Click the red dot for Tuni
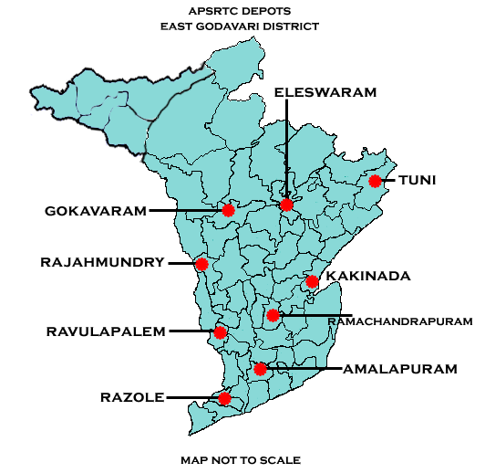[375, 181]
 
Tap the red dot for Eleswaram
[287, 205]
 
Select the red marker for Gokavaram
[228, 210]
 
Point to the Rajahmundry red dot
[202, 265]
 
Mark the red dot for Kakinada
[312, 281]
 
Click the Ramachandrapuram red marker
[273, 315]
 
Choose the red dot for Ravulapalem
[220, 332]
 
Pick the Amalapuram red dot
[261, 369]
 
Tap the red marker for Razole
[225, 399]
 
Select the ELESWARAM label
[313, 92]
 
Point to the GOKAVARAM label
[95, 211]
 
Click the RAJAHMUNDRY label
[102, 262]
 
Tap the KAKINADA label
[368, 275]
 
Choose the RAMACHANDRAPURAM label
[399, 321]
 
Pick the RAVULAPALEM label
[106, 331]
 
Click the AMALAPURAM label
[399, 369]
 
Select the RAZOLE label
[131, 398]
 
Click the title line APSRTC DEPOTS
[240, 12]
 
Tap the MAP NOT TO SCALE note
[241, 459]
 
